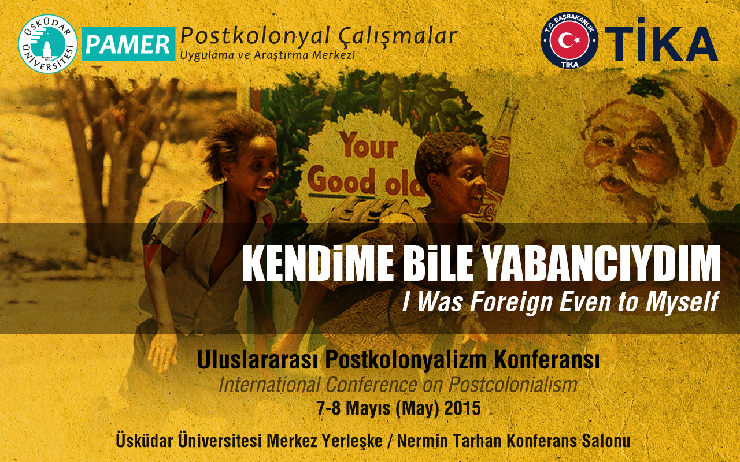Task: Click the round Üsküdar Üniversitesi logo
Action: click(48, 44)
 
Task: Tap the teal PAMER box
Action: click(128, 44)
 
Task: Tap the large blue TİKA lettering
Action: click(661, 44)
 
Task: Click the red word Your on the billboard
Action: click(369, 145)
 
